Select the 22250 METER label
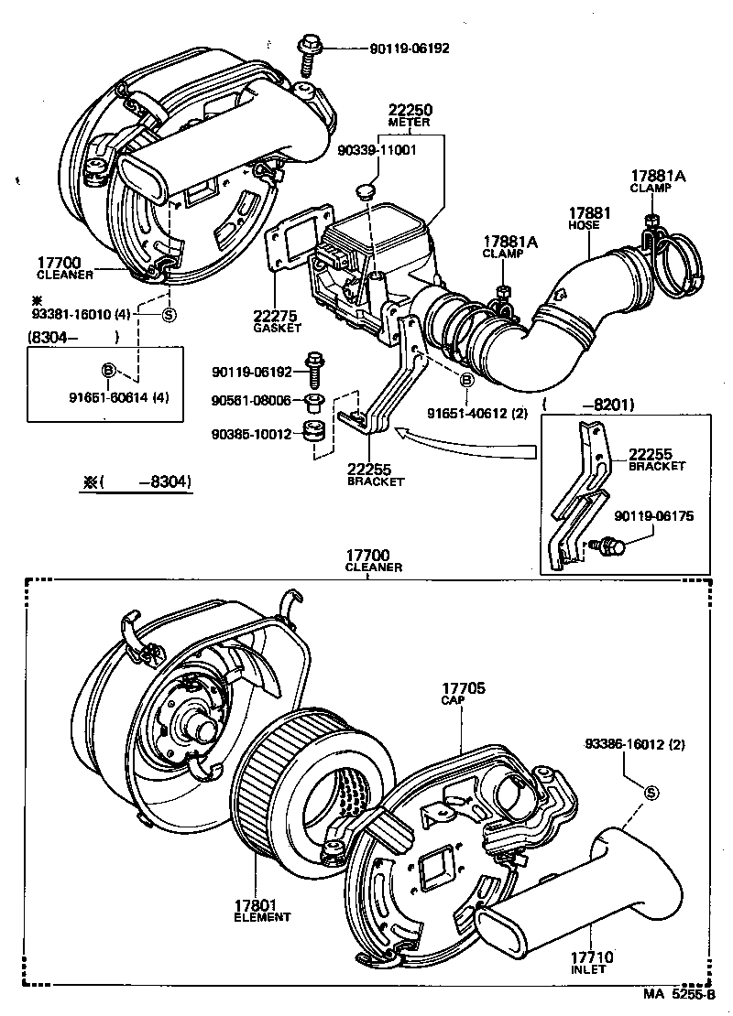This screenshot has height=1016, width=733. point(410,115)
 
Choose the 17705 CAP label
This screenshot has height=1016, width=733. point(465,693)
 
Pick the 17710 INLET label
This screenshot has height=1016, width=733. point(595,964)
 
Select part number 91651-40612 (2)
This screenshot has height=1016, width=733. point(477,413)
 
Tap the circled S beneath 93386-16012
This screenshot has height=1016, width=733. point(651,793)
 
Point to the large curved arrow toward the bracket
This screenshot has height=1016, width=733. point(467,448)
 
